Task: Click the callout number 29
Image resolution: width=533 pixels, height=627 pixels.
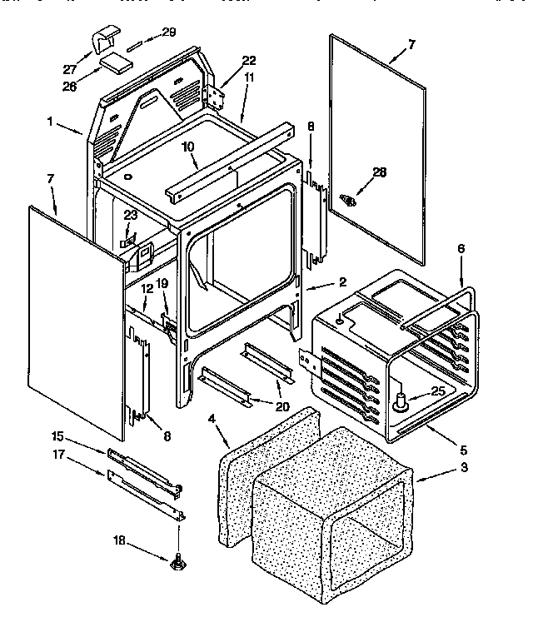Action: (168, 32)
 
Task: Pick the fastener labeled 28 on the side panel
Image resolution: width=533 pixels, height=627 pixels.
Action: (348, 200)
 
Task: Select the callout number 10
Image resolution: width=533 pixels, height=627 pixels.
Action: (188, 147)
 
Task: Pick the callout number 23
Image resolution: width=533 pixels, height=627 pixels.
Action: (130, 215)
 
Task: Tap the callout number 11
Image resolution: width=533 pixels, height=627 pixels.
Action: (249, 77)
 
